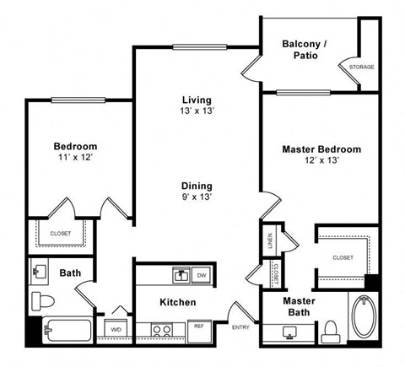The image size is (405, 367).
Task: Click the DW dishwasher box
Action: pyautogui.click(x=201, y=275)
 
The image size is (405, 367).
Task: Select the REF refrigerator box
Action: pyautogui.click(x=199, y=327)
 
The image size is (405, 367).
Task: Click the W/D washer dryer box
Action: pyautogui.click(x=115, y=328)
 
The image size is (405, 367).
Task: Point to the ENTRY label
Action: pyautogui.click(x=240, y=327)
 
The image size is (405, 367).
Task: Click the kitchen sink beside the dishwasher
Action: pyautogui.click(x=180, y=274)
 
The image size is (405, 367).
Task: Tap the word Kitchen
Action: pyautogui.click(x=177, y=302)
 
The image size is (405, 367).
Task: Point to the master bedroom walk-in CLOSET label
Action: pyautogui.click(x=342, y=257)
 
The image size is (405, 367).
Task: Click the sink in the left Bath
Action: pyautogui.click(x=40, y=273)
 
